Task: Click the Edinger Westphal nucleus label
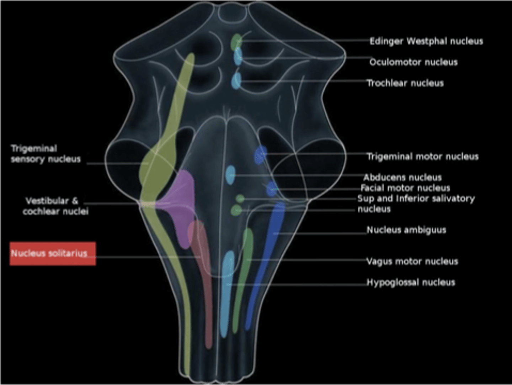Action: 426,41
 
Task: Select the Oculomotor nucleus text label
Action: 413,62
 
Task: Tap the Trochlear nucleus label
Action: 405,83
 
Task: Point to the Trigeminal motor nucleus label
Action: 422,157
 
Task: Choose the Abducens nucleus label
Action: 402,177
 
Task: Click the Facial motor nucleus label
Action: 405,188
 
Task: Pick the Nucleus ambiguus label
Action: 406,230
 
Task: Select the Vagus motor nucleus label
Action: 412,262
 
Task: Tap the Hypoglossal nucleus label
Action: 411,283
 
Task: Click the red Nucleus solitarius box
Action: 53,253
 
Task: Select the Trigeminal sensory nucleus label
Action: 46,154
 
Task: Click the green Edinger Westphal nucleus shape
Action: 236,41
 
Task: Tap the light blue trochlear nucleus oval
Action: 236,80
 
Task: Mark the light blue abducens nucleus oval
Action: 230,175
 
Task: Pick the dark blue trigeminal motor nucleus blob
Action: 261,154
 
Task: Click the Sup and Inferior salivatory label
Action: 416,204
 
